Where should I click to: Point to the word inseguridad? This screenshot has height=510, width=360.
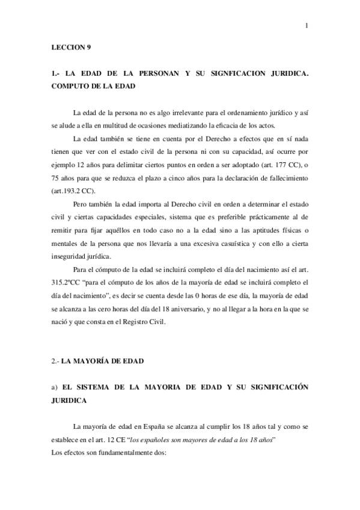click(x=72, y=255)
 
